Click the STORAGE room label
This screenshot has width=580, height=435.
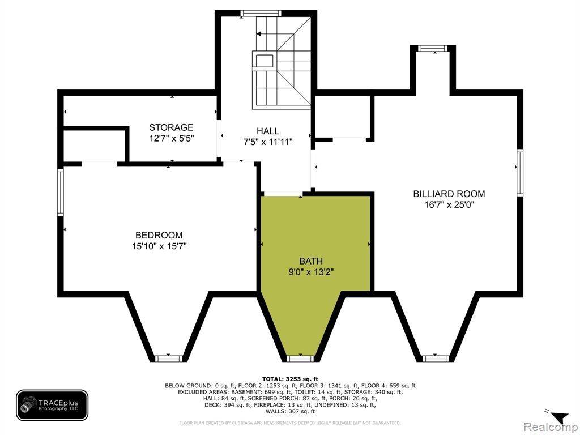click(171, 127)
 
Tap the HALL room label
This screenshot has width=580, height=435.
click(268, 131)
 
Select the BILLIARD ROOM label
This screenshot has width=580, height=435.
click(449, 194)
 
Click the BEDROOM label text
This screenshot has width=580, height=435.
click(159, 235)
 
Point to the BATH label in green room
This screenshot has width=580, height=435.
click(311, 261)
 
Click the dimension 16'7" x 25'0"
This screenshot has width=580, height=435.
click(449, 204)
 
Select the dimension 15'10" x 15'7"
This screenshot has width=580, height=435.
click(159, 246)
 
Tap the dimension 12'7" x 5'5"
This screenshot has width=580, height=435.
click(171, 138)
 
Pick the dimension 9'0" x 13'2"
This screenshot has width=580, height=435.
click(311, 272)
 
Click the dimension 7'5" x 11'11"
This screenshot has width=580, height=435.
click(268, 142)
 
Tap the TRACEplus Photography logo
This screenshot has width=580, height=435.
click(52, 405)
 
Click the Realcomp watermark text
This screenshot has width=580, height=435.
click(551, 427)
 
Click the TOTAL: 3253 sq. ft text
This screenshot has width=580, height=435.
click(290, 379)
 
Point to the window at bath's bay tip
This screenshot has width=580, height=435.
click(300, 359)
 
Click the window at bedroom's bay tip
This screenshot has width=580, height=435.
click(169, 359)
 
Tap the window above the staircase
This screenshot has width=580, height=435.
click(261, 14)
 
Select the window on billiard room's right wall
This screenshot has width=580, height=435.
click(520, 172)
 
